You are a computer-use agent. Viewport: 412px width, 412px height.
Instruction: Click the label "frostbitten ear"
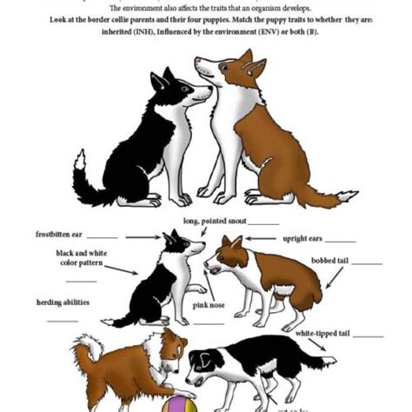click(x=58, y=235)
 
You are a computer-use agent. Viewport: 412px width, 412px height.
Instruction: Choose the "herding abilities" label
click(x=63, y=302)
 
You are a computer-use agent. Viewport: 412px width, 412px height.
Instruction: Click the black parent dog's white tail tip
click(x=80, y=160)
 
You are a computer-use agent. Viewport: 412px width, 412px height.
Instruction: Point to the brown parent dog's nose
click(x=196, y=61)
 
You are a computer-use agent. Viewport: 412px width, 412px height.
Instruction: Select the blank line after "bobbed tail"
click(x=367, y=262)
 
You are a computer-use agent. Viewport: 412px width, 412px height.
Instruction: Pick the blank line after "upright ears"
click(x=340, y=240)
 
